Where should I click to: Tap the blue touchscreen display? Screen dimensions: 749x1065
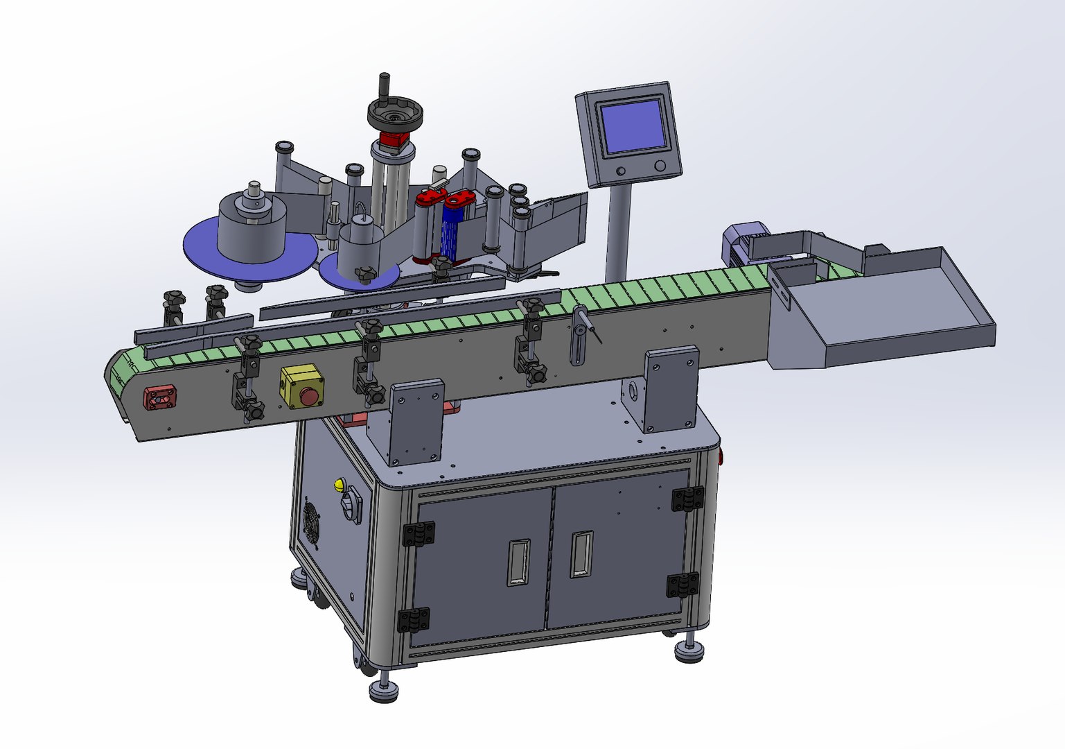coord(633,126)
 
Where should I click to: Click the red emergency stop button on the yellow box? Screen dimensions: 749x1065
coord(309,397)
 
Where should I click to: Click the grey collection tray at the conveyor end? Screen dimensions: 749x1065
coord(894,305)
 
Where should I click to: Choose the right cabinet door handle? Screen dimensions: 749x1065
coord(581,554)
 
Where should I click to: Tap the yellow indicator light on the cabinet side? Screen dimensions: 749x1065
coord(339,485)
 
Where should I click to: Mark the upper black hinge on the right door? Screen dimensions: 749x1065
coord(687,499)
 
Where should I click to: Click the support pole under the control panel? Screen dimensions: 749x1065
coord(617,229)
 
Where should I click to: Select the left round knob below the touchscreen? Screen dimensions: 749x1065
coord(620,171)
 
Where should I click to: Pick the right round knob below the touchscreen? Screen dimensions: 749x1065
coord(660,166)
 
